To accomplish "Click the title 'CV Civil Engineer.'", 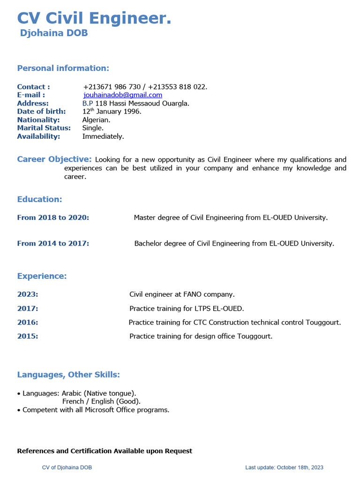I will (94, 18).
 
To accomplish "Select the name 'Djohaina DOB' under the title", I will (54, 33).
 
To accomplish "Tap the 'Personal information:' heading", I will (63, 68).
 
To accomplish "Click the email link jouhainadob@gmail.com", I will (123, 95).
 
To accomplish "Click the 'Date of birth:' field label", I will (41, 112).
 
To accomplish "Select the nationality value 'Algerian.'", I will (96, 120).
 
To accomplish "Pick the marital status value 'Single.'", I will (93, 128).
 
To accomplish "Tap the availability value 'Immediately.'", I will (103, 136).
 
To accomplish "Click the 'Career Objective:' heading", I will (54, 159).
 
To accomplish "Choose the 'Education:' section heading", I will (39, 199).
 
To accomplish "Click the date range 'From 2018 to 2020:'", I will (53, 217).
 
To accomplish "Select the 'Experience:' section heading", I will (42, 276).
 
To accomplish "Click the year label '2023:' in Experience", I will (28, 294).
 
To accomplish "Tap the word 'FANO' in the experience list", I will (193, 294).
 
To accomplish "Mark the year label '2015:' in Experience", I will (28, 336).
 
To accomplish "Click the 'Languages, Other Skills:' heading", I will (68, 375).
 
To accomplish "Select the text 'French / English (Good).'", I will (101, 401).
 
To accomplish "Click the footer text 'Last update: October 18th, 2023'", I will (284, 467).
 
